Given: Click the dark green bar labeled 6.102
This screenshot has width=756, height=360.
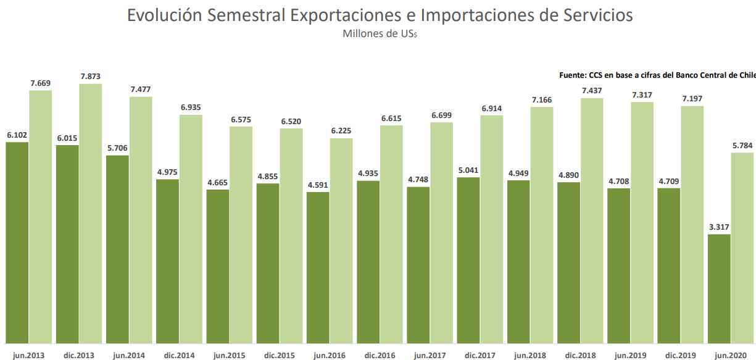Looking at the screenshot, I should point(17,242).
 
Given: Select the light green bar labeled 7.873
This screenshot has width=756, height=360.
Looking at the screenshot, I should point(91,213).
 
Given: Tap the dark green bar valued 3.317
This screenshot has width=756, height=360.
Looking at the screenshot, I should point(719,288).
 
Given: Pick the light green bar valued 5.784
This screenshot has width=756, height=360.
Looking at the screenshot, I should point(742,248).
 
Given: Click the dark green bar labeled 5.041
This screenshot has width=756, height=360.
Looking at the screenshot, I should point(468,260).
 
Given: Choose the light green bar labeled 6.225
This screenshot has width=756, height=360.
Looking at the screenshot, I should point(341,240).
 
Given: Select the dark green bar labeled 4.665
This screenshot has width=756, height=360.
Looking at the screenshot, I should point(218,266).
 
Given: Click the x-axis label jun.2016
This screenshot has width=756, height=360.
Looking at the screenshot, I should point(330,355).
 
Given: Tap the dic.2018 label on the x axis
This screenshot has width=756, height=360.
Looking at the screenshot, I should point(580,355).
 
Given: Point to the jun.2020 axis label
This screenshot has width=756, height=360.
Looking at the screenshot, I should point(731,355).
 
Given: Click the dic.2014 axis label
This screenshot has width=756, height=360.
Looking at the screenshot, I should point(179,355).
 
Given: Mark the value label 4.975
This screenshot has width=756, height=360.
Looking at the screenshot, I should point(168,172).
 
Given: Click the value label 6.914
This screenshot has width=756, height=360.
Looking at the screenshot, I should point(492,108).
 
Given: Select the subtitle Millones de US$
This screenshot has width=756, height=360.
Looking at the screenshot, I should point(380,35).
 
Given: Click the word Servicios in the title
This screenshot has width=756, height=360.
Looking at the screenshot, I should point(594,15).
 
